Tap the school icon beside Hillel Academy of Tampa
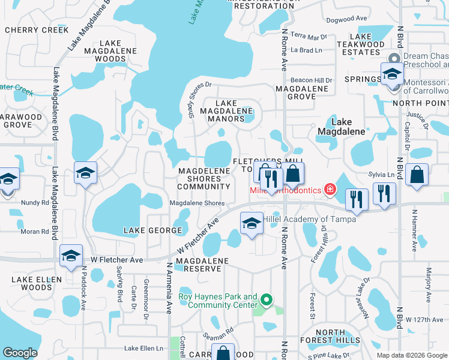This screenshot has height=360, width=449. click(x=252, y=224)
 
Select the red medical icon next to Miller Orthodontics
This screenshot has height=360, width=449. click(x=329, y=190)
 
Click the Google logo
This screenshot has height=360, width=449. click(x=20, y=353)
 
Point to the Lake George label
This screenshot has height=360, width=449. click(x=152, y=230)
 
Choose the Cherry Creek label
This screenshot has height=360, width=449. click(x=29, y=29)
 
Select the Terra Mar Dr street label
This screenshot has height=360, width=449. click(x=308, y=37)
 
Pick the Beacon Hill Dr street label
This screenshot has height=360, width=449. click(x=311, y=80)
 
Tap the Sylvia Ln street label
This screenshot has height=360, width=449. click(x=381, y=175)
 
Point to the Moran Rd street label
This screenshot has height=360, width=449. click(x=34, y=232)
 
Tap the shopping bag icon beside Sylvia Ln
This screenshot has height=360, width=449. click(x=417, y=175)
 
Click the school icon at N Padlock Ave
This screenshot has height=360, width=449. click(x=71, y=256)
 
